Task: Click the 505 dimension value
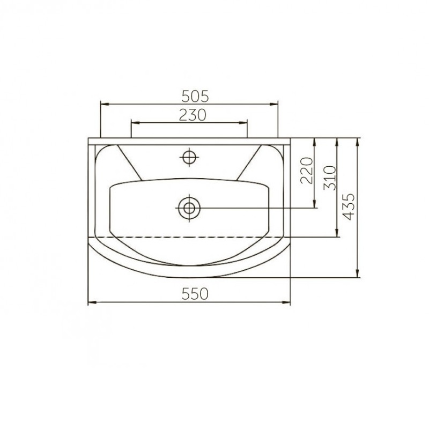click(195, 97)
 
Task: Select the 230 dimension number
click(193, 115)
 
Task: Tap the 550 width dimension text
click(195, 294)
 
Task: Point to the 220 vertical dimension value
click(306, 170)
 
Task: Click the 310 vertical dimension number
click(329, 178)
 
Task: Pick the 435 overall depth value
click(349, 207)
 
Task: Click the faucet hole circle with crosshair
click(189, 157)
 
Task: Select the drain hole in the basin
click(189, 208)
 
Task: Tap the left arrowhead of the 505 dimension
click(105, 104)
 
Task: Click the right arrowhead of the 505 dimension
click(273, 104)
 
